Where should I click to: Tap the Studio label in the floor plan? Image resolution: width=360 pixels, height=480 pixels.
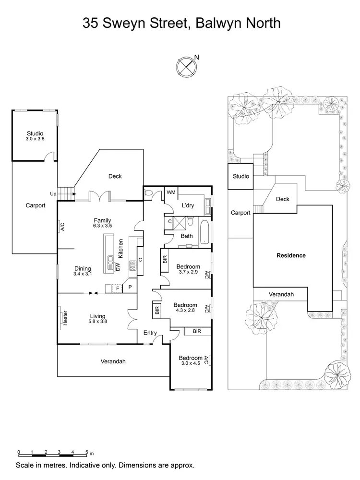click(35, 133)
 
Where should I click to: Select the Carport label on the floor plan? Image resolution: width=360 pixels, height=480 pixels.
click(35, 205)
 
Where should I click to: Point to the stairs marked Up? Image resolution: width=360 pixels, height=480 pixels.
click(66, 193)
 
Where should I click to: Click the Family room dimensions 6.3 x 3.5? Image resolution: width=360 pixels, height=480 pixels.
click(102, 226)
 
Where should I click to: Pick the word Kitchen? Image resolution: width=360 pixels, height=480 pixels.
click(121, 249)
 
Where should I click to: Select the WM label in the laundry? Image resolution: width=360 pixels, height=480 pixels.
click(171, 192)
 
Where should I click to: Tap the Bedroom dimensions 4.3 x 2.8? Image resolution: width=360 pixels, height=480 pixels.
click(185, 311)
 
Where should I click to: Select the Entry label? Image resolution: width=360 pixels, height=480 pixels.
click(150, 333)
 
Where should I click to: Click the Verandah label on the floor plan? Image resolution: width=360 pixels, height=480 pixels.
click(113, 361)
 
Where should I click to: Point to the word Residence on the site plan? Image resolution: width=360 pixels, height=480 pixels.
click(291, 255)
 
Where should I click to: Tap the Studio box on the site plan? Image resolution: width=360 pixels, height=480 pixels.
click(240, 177)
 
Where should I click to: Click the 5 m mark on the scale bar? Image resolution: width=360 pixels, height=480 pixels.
click(86, 452)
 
